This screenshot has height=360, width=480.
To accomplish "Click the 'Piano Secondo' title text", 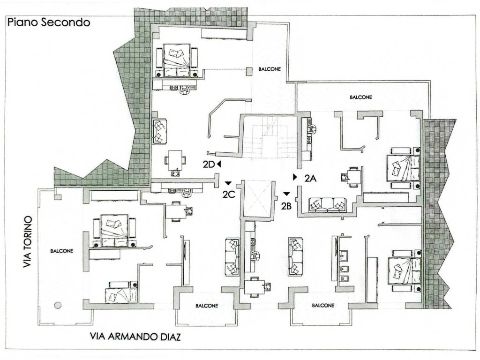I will coord(48,22).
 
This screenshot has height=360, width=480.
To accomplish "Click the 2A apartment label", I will coord(311,178).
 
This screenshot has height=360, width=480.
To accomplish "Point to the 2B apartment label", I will coord(288,205).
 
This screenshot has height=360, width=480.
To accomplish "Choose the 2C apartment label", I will coord(229,195).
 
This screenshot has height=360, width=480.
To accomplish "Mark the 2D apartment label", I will coord(209,165).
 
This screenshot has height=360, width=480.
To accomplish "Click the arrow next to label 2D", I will coord(219,164).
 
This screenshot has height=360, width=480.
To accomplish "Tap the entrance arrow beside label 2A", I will coord(295,177).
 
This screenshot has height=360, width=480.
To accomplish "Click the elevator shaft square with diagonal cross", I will coord(257,199).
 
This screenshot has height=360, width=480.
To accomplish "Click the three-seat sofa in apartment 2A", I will coord(327,205).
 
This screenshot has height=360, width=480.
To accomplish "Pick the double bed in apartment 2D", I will coord(177,60).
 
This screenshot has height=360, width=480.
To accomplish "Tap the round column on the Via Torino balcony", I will coord(58,305).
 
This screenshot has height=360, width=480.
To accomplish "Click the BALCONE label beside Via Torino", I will coord(62,251).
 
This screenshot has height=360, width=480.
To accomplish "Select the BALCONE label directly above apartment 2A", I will coord(361,97).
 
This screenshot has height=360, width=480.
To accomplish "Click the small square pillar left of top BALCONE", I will coord(249,71).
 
